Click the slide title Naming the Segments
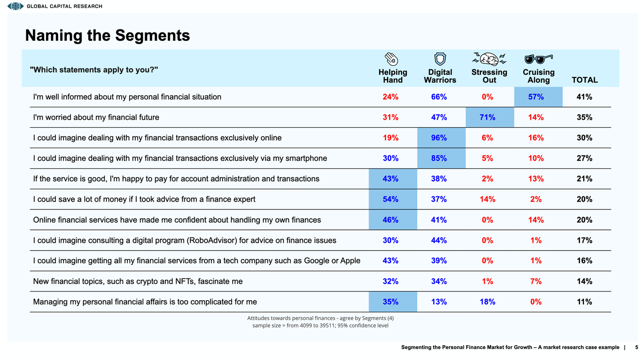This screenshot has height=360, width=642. (107, 35)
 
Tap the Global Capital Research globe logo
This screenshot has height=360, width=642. (15, 6)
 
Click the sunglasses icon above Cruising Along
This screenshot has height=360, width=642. (538, 59)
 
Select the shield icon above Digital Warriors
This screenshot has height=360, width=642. (440, 59)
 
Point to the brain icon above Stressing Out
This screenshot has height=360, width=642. (489, 59)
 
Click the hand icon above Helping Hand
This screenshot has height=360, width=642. (391, 59)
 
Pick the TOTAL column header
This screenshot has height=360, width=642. (584, 80)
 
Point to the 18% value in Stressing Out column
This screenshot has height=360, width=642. (487, 302)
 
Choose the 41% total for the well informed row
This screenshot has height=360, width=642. (584, 97)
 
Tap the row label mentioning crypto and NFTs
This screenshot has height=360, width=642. (138, 281)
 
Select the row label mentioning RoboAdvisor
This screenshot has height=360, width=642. (185, 240)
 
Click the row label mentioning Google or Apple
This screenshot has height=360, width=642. (196, 261)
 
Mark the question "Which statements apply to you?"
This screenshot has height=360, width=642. (94, 70)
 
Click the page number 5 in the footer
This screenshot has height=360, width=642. (636, 347)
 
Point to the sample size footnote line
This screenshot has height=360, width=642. (320, 325)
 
